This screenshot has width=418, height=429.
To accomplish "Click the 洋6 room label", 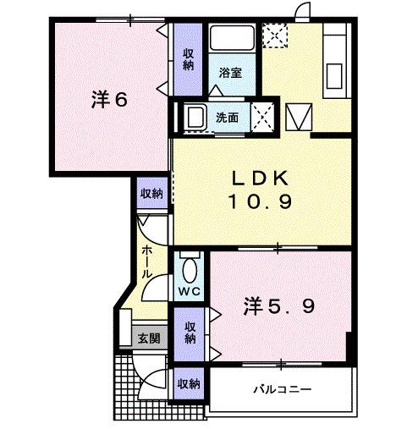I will coord(109,100).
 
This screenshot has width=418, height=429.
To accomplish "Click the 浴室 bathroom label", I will coord(231,74).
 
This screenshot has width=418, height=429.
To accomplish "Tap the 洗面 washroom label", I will coord(226,118).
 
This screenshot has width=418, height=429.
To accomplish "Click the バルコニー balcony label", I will coord(283,390).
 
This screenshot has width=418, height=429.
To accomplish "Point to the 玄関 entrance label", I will coord(150,338).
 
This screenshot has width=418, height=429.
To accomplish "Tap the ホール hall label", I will coord(146,261).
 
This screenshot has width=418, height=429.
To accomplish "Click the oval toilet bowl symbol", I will coord(189,270).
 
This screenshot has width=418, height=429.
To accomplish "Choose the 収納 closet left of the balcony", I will coord(188,383).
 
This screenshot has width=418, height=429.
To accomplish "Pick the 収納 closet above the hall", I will coord(151,194).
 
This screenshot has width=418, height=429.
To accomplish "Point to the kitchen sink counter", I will coord(333,63).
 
